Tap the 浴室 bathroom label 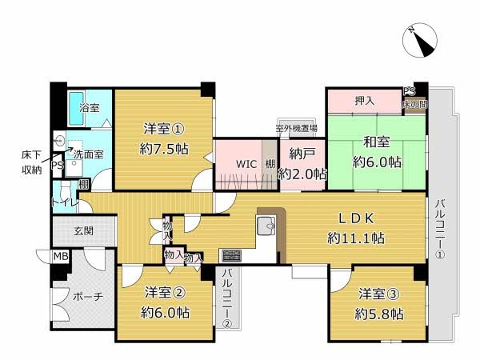pos(89,107)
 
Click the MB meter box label pos(61,257)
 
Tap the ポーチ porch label pos(87,297)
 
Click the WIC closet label pos(246,164)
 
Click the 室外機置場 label pos(296,128)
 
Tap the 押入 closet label pos(365,101)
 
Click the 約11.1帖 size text pos(356,238)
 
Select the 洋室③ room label pos(379,294)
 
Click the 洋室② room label pos(166,293)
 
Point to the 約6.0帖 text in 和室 pos(377,162)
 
